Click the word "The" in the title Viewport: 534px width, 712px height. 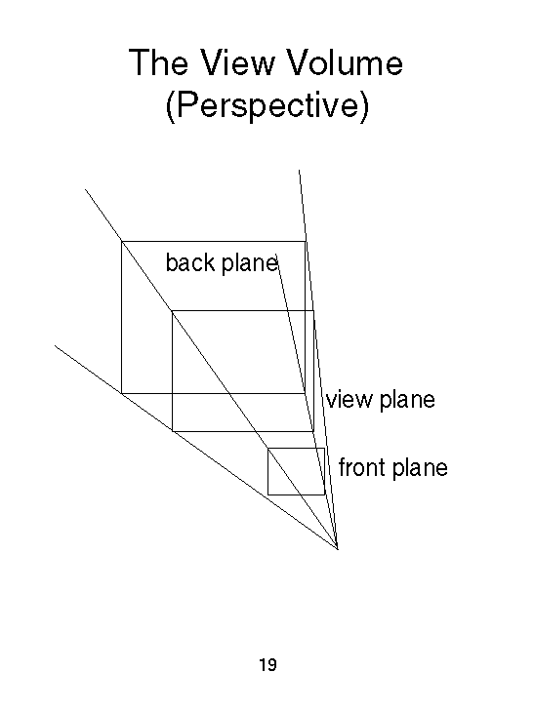pyautogui.click(x=158, y=62)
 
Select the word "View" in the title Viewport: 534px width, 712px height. pyautogui.click(x=237, y=62)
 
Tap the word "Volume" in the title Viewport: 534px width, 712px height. pyautogui.click(x=346, y=62)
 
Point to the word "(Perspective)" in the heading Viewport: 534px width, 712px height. pyautogui.click(x=267, y=105)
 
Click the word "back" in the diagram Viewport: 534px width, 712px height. pyautogui.click(x=190, y=262)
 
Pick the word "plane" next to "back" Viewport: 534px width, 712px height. pyautogui.click(x=250, y=263)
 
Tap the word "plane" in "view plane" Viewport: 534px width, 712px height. pyautogui.click(x=407, y=401)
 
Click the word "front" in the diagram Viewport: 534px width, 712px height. pyautogui.click(x=361, y=468)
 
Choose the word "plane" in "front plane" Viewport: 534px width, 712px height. pyautogui.click(x=420, y=468)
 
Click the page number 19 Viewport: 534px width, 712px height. pyautogui.click(x=267, y=665)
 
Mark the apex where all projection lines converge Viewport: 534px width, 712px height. pyautogui.click(x=338, y=549)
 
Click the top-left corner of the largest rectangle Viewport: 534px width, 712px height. pyautogui.click(x=122, y=242)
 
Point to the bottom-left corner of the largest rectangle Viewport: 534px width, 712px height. pyautogui.click(x=122, y=393)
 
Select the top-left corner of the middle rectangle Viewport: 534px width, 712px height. pyautogui.click(x=173, y=311)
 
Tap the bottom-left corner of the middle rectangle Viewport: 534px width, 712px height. pyautogui.click(x=173, y=431)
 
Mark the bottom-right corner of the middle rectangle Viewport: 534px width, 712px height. pyautogui.click(x=313, y=431)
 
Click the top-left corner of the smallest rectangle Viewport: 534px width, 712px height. pyautogui.click(x=268, y=449)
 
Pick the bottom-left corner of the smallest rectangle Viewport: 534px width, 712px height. pyautogui.click(x=268, y=494)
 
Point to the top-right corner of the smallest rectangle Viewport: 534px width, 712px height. pyautogui.click(x=324, y=449)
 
